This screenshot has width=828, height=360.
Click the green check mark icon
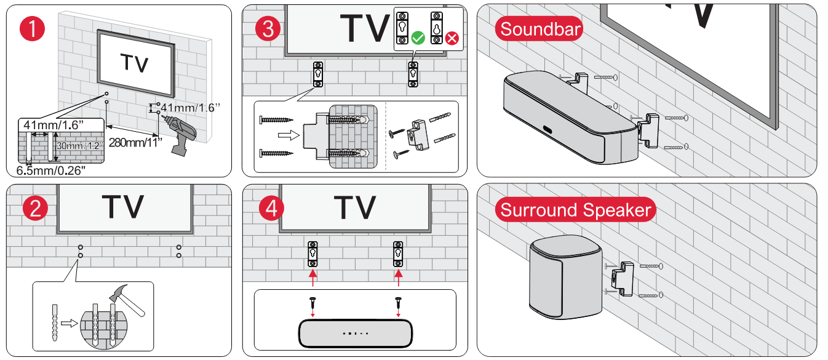click(418, 38)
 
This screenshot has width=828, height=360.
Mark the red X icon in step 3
click(452, 39)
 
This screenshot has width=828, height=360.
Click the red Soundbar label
click(541, 29)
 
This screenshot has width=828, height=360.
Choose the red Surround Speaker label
click(575, 210)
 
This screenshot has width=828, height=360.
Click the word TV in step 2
click(123, 207)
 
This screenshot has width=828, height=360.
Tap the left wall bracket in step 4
click(313, 252)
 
